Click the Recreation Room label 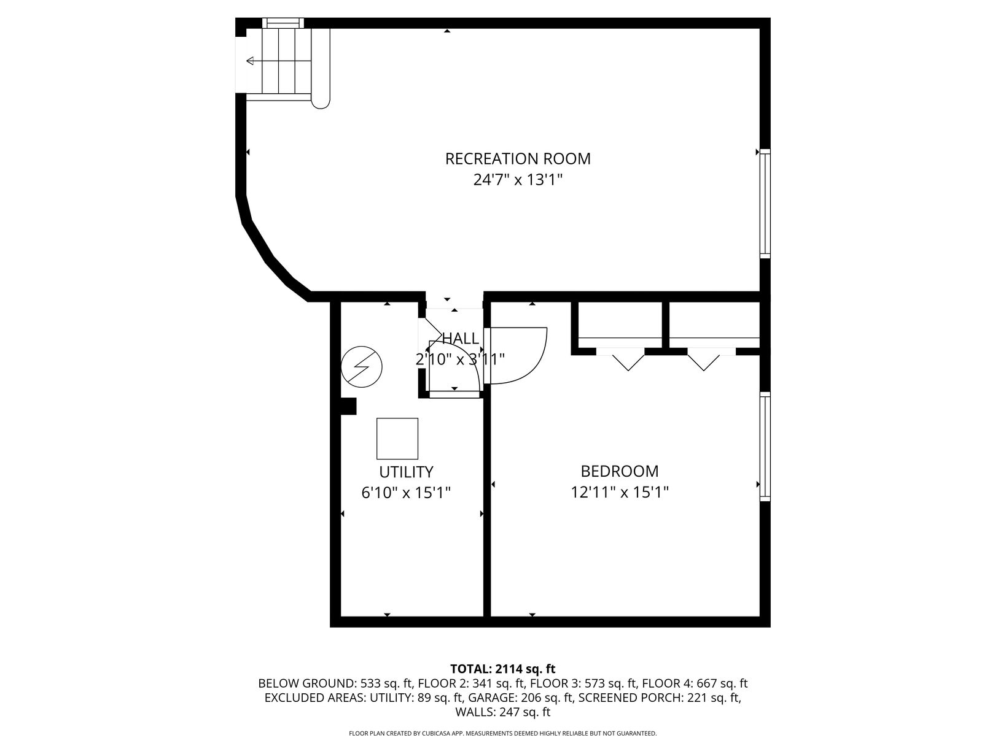tap(518, 159)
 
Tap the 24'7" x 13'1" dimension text tap(518, 180)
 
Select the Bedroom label tap(620, 471)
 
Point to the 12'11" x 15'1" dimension tap(620, 492)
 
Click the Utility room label tap(406, 472)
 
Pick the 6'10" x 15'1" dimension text tap(406, 493)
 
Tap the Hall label tap(461, 338)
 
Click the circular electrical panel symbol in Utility tap(362, 366)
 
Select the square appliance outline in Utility tap(397, 439)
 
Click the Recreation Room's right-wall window tap(765, 204)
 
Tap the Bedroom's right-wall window tap(765, 447)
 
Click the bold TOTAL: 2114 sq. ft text tap(503, 669)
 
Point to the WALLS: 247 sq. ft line tap(503, 712)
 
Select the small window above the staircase tap(283, 23)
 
